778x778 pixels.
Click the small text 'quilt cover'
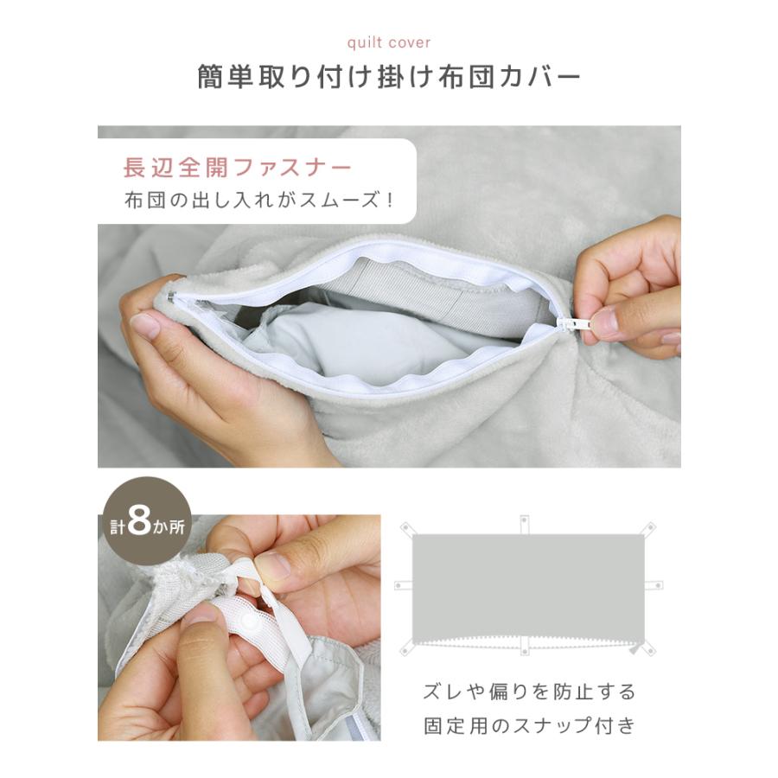click(388, 41)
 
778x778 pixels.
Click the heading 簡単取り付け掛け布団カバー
click(388, 77)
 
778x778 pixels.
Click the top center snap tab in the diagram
click(524, 524)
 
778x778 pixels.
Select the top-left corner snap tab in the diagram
click(407, 526)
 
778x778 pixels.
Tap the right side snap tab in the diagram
click(654, 585)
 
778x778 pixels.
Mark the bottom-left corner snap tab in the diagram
click(406, 646)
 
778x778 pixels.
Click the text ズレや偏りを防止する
click(529, 692)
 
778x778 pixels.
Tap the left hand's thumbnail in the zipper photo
click(143, 325)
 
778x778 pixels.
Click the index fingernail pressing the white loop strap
click(272, 565)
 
